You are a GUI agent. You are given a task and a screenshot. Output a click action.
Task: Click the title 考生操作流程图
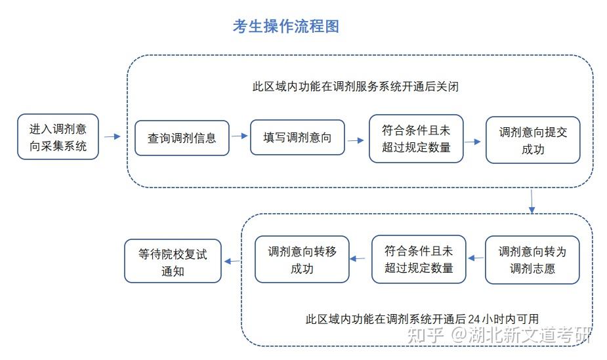tap(285, 26)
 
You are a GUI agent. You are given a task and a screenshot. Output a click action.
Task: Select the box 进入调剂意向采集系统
tap(58, 137)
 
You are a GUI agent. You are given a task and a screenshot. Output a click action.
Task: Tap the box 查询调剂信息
tap(182, 138)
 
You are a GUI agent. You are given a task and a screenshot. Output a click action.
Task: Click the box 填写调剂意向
tap(297, 138)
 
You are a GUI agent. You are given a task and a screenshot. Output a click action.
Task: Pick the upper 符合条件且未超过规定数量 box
tap(416, 138)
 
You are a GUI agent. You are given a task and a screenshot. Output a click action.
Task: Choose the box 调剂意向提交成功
tap(533, 140)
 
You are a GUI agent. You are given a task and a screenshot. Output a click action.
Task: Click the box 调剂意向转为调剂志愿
tap(532, 260)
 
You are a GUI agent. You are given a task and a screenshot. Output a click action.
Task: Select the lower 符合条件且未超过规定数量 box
tap(419, 260)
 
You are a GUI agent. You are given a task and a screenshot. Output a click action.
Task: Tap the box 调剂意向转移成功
tap(302, 260)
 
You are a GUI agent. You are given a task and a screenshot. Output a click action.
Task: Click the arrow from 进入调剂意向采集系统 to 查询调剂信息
tap(112, 136)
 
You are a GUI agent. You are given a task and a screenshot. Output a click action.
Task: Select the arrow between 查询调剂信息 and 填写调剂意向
tap(240, 136)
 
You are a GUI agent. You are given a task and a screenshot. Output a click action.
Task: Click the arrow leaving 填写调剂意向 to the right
tap(356, 140)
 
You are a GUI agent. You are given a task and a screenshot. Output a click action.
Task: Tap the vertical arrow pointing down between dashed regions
tap(532, 201)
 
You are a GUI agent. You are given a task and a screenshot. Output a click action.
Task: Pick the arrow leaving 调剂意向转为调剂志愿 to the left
tap(476, 258)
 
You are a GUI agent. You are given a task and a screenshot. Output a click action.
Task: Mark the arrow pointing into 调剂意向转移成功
tap(358, 258)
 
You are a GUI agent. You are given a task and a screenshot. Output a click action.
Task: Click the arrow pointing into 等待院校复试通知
tap(232, 261)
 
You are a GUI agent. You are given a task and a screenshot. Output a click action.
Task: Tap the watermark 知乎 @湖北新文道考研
tap(499, 335)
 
